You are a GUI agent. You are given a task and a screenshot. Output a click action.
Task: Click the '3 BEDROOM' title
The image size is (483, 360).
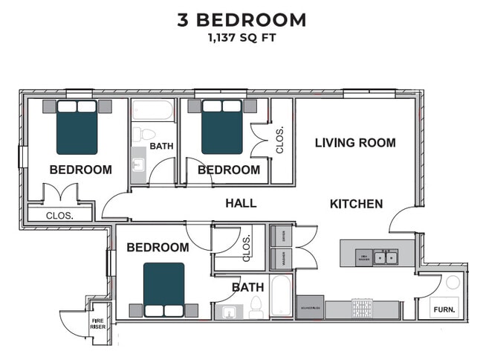[241, 19]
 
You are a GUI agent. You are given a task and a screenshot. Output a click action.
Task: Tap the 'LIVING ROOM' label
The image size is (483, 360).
[355, 143]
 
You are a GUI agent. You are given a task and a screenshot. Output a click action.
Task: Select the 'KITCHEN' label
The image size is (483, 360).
[356, 204]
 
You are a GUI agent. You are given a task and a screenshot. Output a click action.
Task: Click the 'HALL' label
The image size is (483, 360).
[241, 203]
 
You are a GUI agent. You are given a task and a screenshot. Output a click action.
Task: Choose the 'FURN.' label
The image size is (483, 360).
[444, 309]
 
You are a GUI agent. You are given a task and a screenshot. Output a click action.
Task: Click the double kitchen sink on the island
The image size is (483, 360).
[385, 258]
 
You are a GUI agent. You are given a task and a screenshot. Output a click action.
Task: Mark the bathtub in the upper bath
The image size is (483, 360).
[152, 112]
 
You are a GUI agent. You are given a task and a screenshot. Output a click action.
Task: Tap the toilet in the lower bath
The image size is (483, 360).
[256, 305]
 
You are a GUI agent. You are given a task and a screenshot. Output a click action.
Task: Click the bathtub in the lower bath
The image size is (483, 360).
[282, 297]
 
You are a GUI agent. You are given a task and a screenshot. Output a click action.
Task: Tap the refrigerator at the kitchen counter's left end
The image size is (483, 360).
[310, 307]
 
